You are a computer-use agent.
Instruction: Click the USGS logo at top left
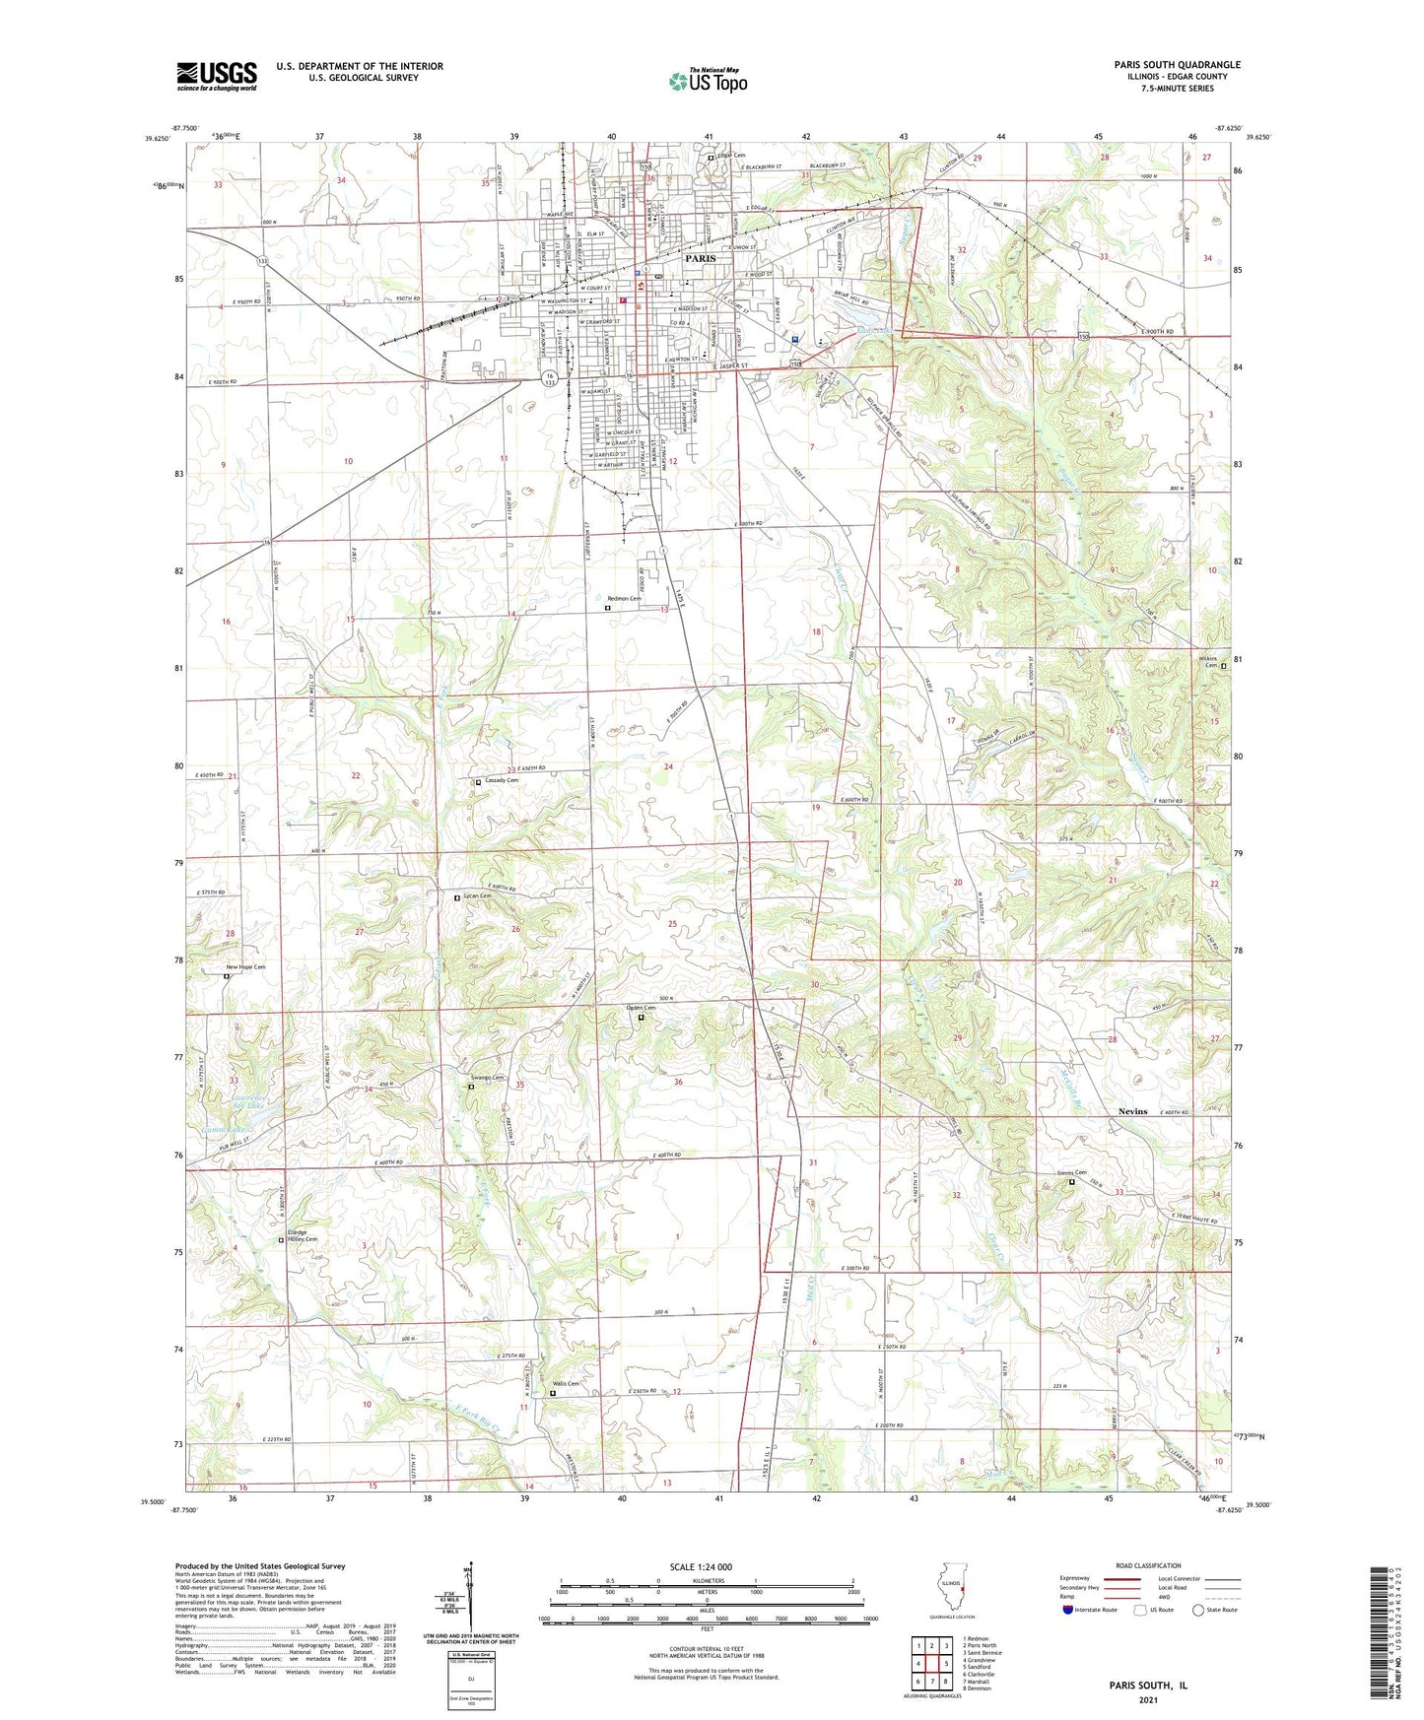coord(217,75)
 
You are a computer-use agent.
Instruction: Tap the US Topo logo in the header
coord(708,81)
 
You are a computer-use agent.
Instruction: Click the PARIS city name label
coord(700,258)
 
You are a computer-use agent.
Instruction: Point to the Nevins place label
coord(1132,1111)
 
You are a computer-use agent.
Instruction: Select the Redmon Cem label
coord(624,599)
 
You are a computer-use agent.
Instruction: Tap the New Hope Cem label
coord(245,967)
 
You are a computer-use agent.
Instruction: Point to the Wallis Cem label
coord(566,1384)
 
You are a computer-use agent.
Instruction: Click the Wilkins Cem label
coord(1207,661)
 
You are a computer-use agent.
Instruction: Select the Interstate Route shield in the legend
coord(1068,1610)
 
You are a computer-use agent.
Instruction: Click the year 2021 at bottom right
coord(1148,1699)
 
